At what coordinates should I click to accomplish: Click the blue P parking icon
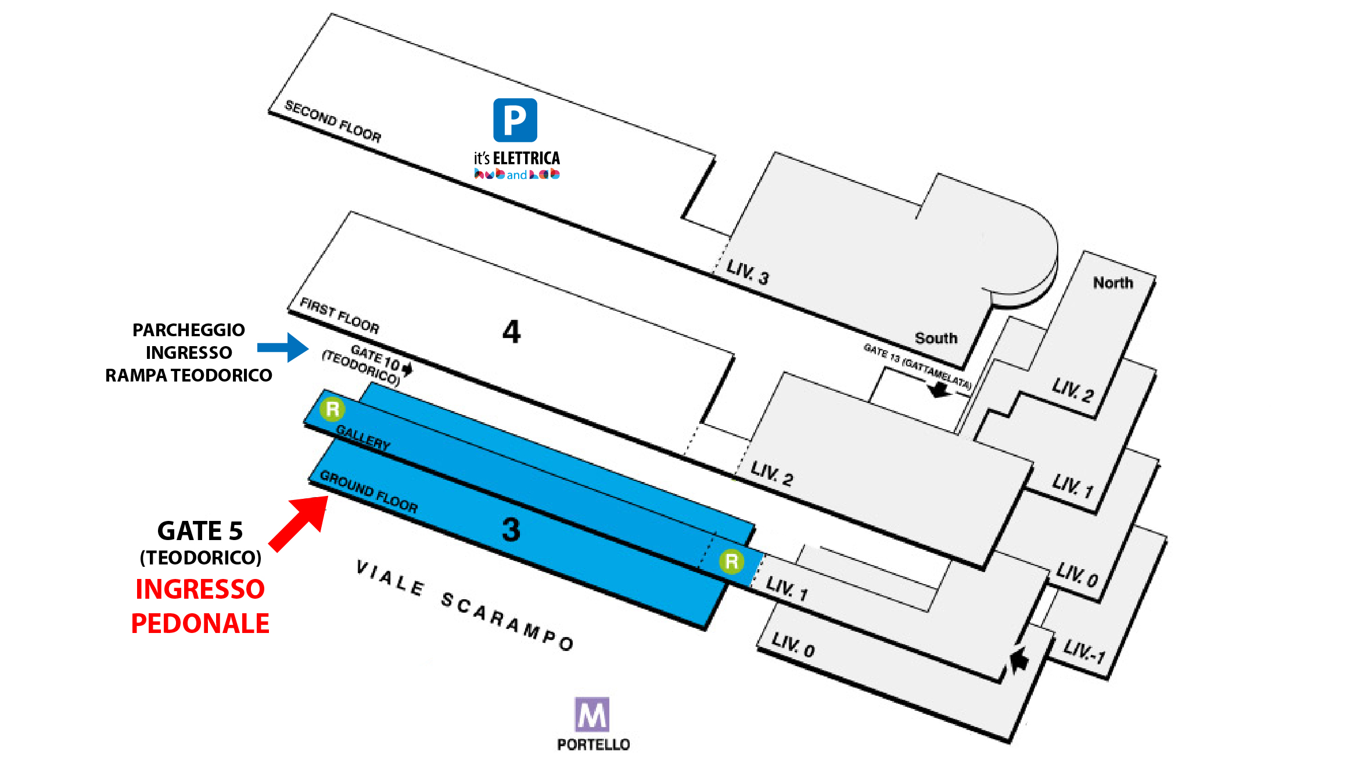[515, 120]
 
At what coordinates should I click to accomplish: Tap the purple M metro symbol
[592, 714]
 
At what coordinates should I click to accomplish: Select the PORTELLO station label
[593, 744]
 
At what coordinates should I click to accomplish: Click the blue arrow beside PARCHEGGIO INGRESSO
[283, 347]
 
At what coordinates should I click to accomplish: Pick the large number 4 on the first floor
[511, 332]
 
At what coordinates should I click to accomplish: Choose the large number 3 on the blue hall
[511, 530]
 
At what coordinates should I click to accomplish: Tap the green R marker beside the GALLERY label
[333, 409]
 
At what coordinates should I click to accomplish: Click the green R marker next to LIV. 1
[731, 562]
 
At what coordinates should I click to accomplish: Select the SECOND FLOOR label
[333, 121]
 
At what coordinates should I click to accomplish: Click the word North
[1113, 283]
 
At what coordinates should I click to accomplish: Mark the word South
[936, 338]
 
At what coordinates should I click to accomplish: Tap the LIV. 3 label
[748, 272]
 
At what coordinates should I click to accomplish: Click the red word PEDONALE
[200, 623]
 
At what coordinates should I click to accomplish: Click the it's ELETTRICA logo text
[516, 159]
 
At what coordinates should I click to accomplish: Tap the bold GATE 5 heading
[200, 531]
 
